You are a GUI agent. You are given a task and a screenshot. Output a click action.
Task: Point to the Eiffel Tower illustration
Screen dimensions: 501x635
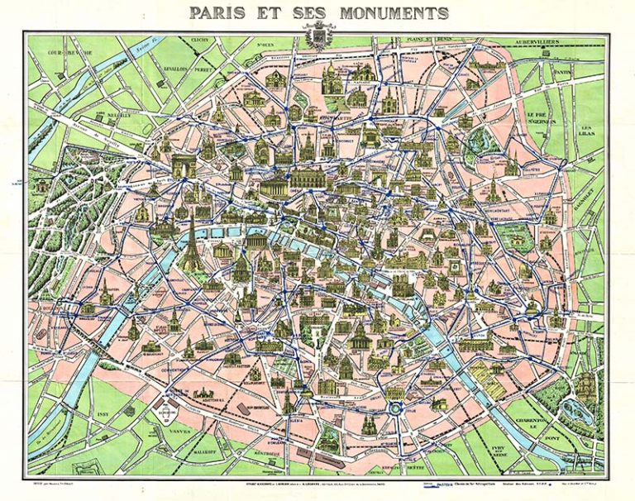(x=191, y=241)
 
